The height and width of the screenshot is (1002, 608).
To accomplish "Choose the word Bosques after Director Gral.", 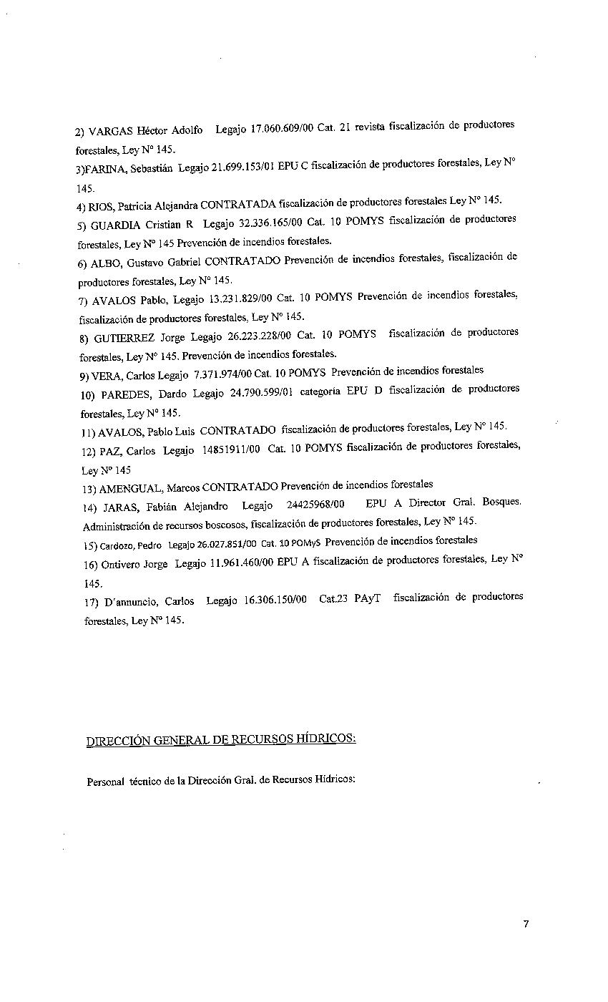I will [501, 502].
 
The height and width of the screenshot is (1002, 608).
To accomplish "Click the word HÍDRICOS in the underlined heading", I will [326, 739].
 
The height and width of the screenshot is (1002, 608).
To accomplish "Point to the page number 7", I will [526, 924].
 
